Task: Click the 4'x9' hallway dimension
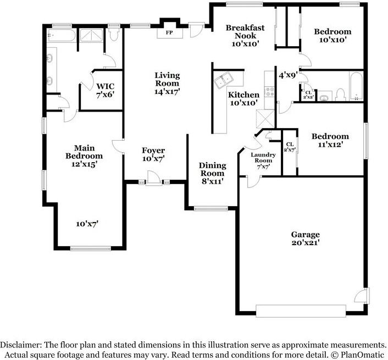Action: [288, 75]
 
